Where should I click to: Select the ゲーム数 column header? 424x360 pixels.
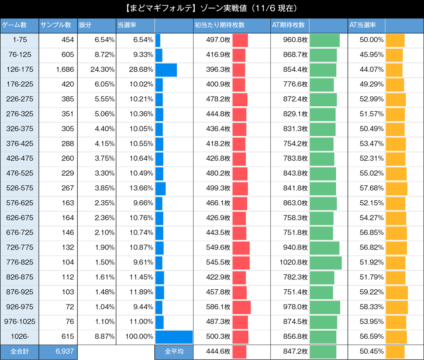14,25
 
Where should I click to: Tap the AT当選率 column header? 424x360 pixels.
363,25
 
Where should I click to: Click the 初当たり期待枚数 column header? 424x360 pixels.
219,25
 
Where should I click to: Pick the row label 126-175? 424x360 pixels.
19,70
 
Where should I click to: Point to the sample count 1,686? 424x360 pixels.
65,70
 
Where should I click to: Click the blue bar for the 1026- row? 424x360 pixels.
174,337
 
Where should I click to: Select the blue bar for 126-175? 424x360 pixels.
166,70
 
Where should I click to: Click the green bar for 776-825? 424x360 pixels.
326,263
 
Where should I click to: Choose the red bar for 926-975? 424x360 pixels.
242,307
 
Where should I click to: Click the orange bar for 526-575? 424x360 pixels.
396,189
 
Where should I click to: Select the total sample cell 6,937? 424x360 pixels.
65,352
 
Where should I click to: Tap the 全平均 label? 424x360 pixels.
174,352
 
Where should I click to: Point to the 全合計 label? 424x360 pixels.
19,352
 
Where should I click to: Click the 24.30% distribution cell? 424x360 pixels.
102,70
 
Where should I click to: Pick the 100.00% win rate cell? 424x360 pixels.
139,337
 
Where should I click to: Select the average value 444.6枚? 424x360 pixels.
218,352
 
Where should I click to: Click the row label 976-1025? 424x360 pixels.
19,322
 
